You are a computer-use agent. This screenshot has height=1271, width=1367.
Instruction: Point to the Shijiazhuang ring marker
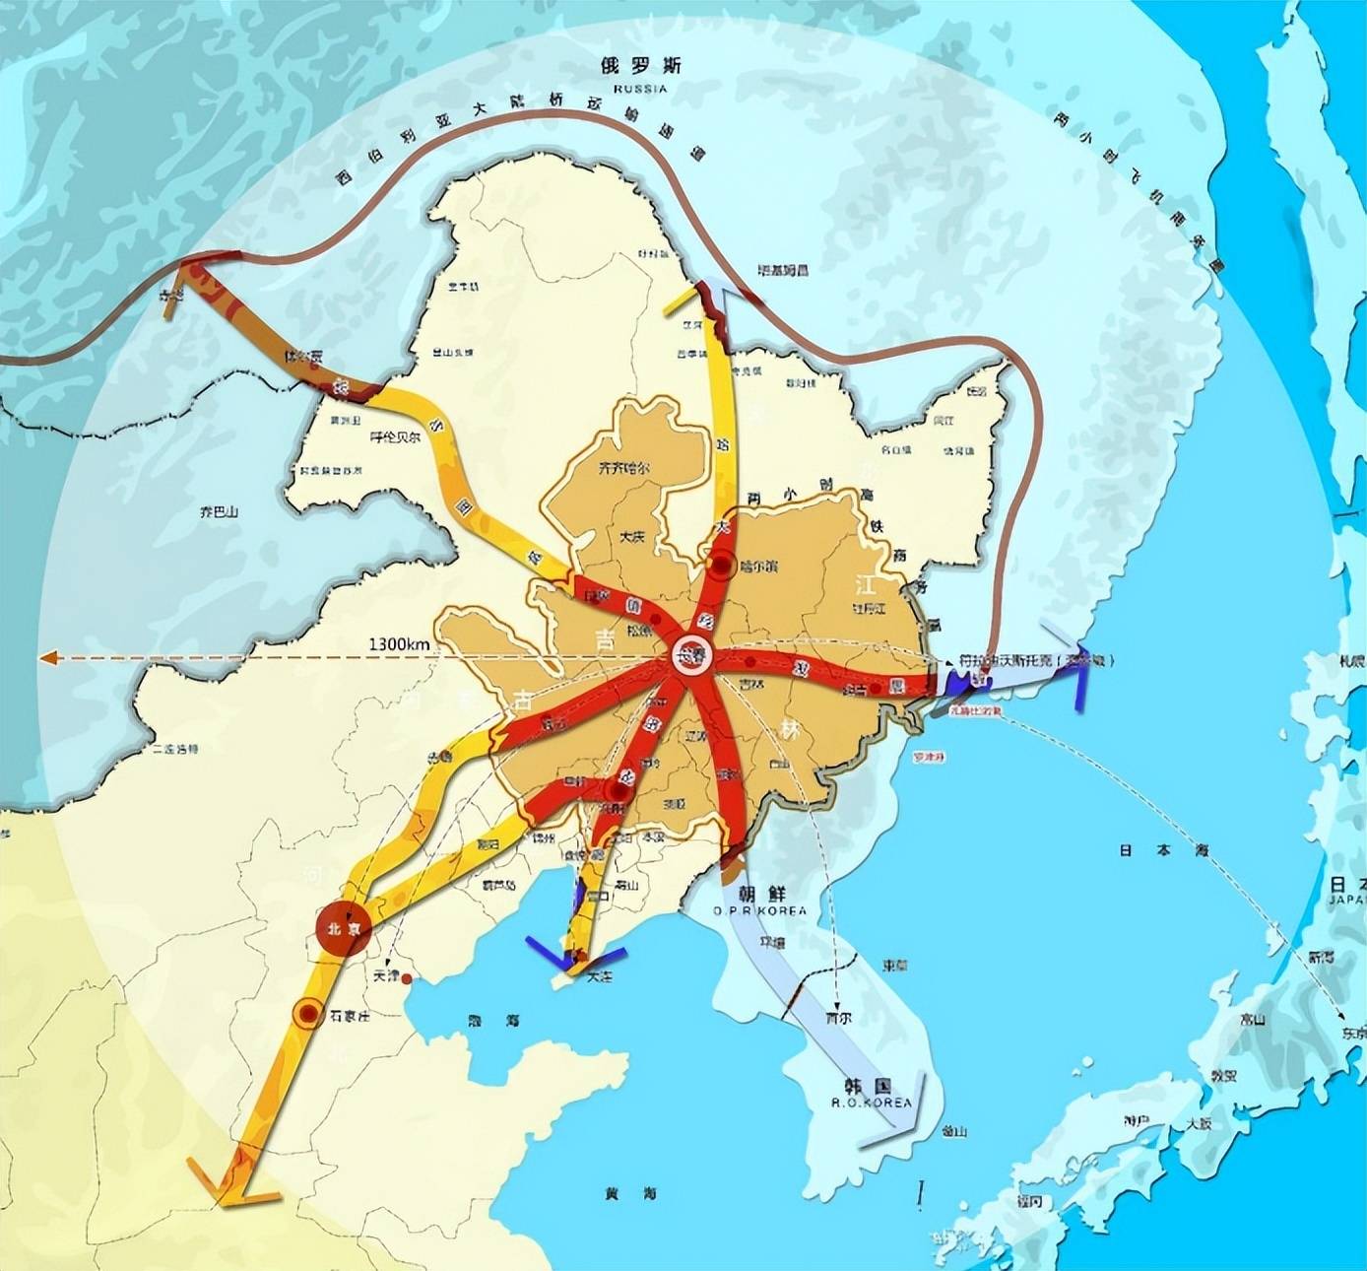tap(308, 1013)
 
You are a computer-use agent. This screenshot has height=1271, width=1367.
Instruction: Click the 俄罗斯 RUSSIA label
tap(640, 73)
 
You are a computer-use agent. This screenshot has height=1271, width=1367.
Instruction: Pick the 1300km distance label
tap(400, 644)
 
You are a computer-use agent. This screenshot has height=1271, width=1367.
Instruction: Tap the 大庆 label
tap(631, 537)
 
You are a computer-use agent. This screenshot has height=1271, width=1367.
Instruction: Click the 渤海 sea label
tap(487, 1022)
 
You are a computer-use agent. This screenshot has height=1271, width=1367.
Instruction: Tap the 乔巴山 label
tap(219, 512)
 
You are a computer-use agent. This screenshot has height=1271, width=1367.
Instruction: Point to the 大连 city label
tap(599, 978)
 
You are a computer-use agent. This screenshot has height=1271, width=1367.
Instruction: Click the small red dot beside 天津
tap(408, 978)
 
